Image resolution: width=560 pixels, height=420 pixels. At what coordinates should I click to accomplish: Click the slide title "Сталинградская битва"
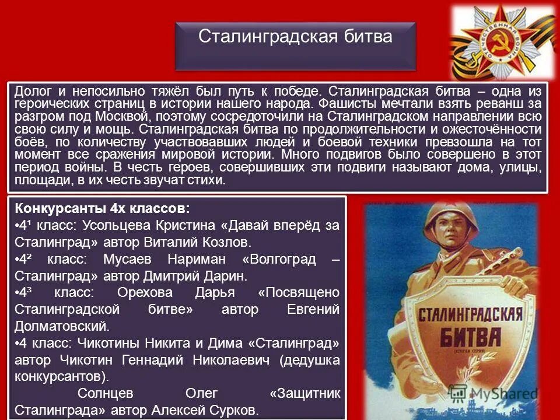point(295,37)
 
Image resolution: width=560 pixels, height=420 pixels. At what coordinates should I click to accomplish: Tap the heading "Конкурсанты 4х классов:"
point(102,209)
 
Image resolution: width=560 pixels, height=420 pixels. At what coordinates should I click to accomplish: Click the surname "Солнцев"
point(103,394)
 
